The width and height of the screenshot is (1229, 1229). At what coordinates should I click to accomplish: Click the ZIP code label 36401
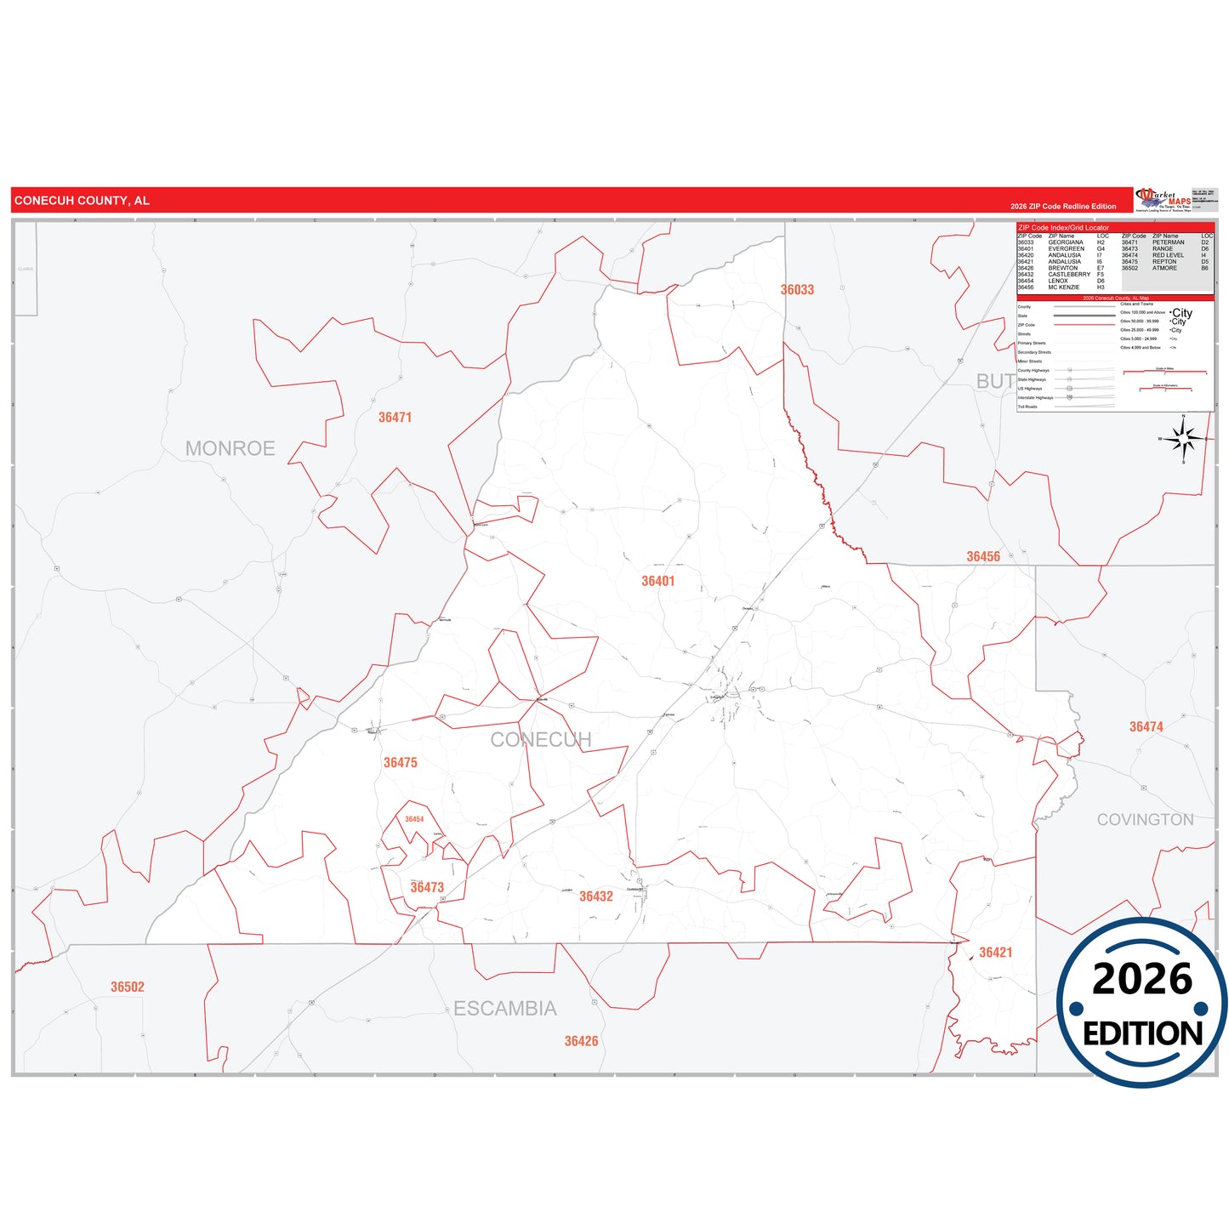click(657, 581)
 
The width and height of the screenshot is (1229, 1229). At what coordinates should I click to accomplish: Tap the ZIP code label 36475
click(400, 763)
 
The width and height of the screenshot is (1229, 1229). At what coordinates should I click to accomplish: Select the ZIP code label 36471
click(395, 418)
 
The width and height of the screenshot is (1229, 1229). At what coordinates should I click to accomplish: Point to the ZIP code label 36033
click(797, 290)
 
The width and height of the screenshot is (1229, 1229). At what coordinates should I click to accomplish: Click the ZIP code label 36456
click(983, 557)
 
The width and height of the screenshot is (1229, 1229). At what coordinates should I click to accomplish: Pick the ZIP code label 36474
click(1146, 727)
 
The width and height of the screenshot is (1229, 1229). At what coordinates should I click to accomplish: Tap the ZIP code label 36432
click(595, 896)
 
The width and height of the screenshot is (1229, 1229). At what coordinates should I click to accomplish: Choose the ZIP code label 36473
click(427, 887)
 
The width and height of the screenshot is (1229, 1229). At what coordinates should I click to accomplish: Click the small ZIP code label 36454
click(414, 820)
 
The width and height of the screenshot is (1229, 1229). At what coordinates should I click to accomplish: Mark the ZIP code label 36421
click(995, 953)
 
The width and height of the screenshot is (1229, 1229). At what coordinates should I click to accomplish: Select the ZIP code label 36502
click(128, 987)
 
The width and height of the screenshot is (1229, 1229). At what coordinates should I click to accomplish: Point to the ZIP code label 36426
click(581, 1041)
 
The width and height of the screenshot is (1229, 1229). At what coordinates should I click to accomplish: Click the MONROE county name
click(230, 448)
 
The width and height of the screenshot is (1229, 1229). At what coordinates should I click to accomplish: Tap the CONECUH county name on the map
click(540, 740)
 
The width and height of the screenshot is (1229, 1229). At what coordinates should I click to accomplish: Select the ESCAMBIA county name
click(504, 1009)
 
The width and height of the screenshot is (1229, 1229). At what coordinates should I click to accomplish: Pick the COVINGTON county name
click(1145, 820)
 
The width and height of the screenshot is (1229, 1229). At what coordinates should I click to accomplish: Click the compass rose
click(1183, 439)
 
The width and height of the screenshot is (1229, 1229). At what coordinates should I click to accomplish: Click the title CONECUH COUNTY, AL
click(82, 201)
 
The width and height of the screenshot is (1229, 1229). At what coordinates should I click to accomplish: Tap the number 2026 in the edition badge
click(1141, 979)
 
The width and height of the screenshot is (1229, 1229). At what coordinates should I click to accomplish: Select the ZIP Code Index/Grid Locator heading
click(1063, 228)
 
